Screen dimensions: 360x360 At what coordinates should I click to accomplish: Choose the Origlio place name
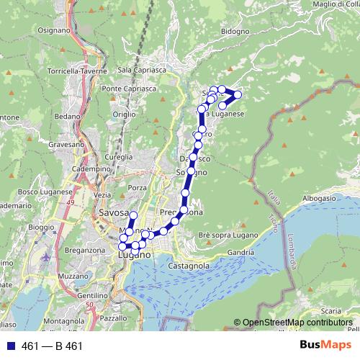tap(124, 114)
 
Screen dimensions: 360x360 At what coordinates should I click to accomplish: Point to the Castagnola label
tap(189, 266)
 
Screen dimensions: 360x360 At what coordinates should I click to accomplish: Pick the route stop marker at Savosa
tap(132, 215)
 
